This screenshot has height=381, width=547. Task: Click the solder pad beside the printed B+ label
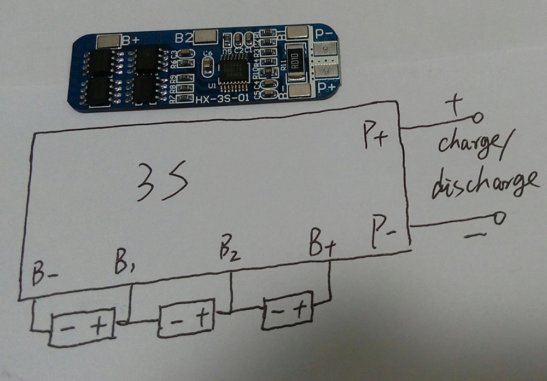[108, 41]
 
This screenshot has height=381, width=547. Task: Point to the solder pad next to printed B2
[205, 37]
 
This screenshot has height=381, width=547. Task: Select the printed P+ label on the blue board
[327, 86]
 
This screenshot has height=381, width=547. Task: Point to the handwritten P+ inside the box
[375, 137]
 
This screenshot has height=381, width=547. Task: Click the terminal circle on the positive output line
[478, 117]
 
